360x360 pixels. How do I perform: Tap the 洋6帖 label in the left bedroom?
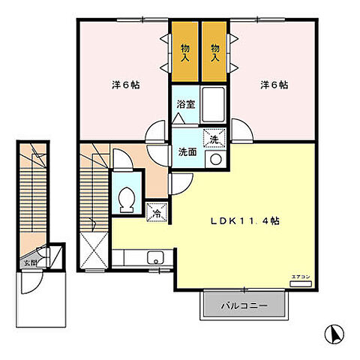[124, 85]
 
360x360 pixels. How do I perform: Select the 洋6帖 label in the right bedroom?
[274, 85]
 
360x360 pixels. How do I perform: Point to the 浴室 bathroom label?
[186, 104]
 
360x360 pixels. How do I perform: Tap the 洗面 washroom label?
[187, 151]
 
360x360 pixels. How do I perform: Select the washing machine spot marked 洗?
[214, 139]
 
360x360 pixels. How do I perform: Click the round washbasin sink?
[216, 160]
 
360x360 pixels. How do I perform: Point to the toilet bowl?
[127, 199]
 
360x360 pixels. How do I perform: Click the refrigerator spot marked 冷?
[157, 213]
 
